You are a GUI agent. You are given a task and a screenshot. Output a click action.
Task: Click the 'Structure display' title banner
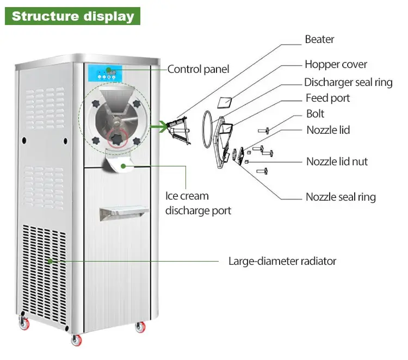pyautogui.click(x=72, y=16)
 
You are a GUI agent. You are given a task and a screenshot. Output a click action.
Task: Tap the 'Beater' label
pyautogui.click(x=319, y=39)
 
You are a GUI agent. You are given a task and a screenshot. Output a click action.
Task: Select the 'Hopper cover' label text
pyautogui.click(x=336, y=64)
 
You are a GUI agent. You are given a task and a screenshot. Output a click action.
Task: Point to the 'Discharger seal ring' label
pyautogui.click(x=348, y=82)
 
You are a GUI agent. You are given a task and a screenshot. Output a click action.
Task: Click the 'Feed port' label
pyautogui.click(x=327, y=98)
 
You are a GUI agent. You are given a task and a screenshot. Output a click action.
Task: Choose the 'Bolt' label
pyautogui.click(x=315, y=114)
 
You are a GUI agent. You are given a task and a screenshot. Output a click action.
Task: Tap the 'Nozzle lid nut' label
pyautogui.click(x=337, y=162)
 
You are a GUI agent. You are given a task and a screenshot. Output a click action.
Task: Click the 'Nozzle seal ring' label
pyautogui.click(x=341, y=197)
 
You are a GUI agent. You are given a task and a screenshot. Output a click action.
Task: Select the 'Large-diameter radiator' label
pyautogui.click(x=282, y=261)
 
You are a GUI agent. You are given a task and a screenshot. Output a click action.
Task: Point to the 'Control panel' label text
pyautogui.click(x=198, y=69)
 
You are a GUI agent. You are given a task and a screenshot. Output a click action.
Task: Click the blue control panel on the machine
pyautogui.click(x=105, y=73)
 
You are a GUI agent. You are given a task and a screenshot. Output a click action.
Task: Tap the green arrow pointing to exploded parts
pyautogui.click(x=159, y=127)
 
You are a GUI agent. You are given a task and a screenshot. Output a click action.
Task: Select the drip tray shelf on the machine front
pyautogui.click(x=123, y=213)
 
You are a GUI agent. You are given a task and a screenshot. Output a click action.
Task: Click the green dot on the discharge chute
pyautogui.click(x=123, y=166)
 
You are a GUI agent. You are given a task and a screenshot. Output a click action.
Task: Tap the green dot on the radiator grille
pyautogui.click(x=51, y=261)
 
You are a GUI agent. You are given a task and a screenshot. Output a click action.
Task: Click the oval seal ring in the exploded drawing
pyautogui.click(x=203, y=129)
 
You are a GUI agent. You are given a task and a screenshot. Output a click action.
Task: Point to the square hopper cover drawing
pyautogui.click(x=225, y=103)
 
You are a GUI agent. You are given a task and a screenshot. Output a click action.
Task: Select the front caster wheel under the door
pyautogui.click(x=77, y=340)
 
